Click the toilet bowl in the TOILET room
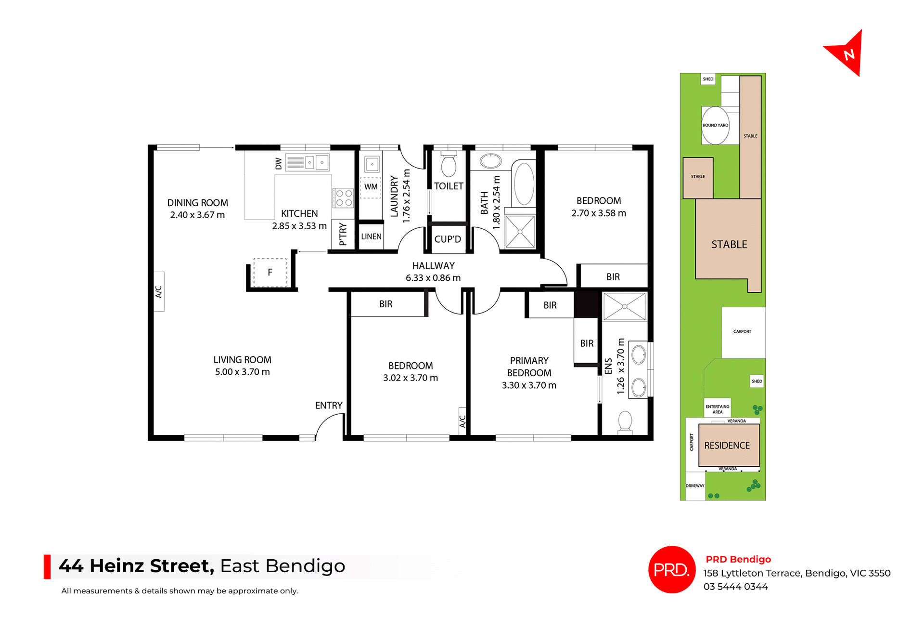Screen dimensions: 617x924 449,165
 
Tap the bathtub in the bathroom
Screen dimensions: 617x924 524,184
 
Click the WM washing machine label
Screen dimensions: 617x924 371,187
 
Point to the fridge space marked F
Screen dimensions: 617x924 270,273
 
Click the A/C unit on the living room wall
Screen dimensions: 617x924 159,291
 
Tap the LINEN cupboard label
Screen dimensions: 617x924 371,236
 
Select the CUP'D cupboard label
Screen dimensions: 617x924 448,239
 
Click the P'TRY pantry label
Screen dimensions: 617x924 343,235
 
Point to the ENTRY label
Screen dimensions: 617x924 329,406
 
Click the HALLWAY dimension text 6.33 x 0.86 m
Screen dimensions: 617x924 433,278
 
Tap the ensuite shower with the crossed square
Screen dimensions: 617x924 624,306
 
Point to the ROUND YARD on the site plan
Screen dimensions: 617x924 715,126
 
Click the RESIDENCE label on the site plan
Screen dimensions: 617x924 727,446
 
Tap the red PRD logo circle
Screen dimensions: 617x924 672,569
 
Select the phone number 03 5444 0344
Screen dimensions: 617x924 735,587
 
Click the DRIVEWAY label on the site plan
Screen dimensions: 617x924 695,486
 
